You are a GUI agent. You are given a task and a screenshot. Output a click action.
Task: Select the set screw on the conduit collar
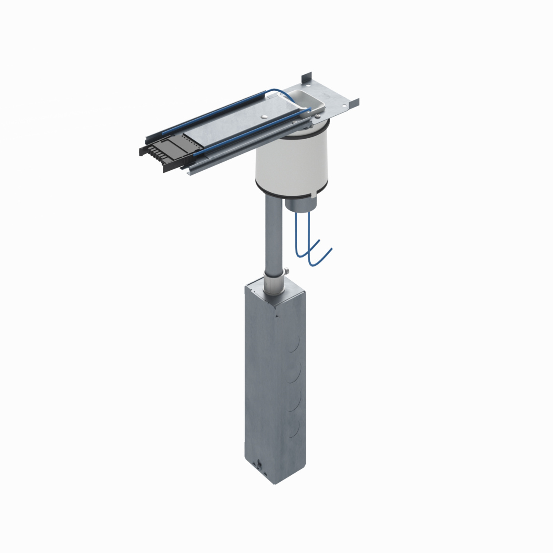(286, 272)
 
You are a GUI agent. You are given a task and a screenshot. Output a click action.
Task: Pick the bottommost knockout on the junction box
(295, 428)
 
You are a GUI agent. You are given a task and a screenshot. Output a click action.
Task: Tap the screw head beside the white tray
(318, 115)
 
